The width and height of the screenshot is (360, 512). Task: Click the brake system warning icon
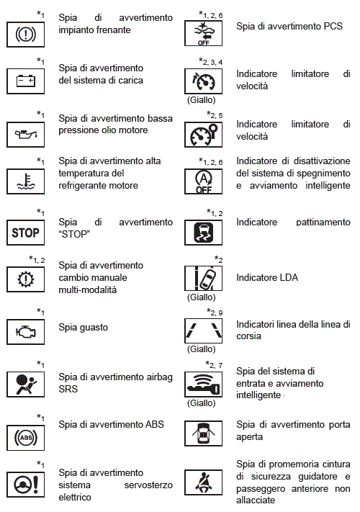pos(25,35)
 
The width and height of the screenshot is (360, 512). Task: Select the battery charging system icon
pos(25,81)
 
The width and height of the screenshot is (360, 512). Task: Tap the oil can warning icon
pos(25,135)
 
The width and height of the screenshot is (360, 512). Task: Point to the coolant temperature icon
pos(25,181)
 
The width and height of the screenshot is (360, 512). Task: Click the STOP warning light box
pos(25,233)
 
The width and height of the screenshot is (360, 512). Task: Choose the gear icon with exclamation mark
pos(25,279)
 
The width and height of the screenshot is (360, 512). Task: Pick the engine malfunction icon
pos(25,332)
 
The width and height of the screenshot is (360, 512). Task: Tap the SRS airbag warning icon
pos(25,385)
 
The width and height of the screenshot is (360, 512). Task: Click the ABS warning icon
pos(25,438)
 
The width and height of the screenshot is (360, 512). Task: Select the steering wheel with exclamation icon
pos(25,485)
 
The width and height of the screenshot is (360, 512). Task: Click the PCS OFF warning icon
pos(203,33)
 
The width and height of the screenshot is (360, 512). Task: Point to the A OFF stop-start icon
pos(203,181)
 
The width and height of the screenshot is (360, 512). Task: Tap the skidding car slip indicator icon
pos(203,233)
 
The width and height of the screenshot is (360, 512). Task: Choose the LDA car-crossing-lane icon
pos(203,278)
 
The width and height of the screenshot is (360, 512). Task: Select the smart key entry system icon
pos(203,385)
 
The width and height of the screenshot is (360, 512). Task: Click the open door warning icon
pos(203,434)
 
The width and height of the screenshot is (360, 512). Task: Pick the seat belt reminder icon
pos(203,482)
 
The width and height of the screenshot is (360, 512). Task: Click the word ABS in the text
pos(154,424)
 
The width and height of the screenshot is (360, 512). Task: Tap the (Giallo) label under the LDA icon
pos(202,297)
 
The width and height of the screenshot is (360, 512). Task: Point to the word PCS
pos(333,26)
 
